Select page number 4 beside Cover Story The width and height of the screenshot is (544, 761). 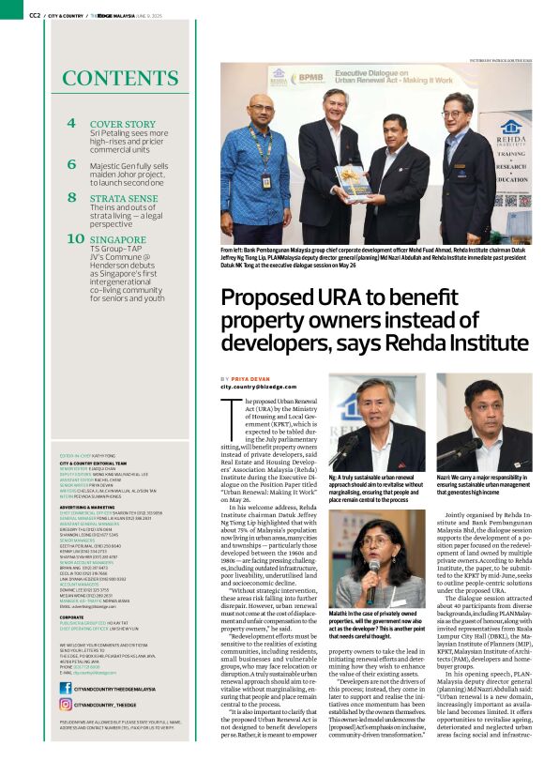click(x=71, y=123)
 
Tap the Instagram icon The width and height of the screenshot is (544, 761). click(x=66, y=703)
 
